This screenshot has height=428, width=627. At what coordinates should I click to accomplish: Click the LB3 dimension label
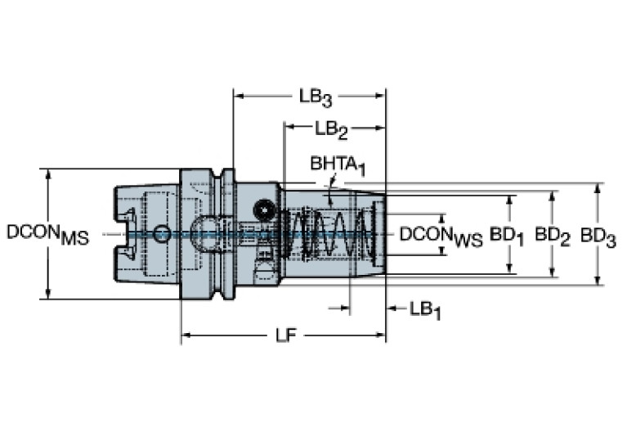(316, 97)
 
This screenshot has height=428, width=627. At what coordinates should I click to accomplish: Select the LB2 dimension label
(332, 130)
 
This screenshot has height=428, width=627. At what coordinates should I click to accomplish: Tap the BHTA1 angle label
(338, 166)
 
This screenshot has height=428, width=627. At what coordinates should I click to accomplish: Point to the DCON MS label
(48, 235)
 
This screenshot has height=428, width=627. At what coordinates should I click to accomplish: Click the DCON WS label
(441, 237)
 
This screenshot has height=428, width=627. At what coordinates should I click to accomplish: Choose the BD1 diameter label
(507, 236)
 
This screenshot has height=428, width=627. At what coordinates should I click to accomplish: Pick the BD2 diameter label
(553, 236)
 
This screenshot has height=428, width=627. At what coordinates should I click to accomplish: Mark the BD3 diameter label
(598, 237)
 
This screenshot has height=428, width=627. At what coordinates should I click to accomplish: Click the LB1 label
(425, 310)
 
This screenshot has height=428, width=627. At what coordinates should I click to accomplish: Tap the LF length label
(286, 336)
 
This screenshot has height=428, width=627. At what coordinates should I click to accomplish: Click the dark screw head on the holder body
(264, 209)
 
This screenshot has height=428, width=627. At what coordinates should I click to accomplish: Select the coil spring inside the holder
(330, 234)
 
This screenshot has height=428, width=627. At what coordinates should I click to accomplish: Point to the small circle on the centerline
(162, 233)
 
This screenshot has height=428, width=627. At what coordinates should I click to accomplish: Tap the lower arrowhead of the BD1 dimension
(509, 268)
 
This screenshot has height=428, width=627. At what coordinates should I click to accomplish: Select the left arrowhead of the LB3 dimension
(239, 96)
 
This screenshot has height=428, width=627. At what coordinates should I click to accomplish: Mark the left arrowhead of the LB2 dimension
(289, 128)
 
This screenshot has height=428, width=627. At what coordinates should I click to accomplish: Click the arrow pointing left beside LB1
(392, 309)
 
